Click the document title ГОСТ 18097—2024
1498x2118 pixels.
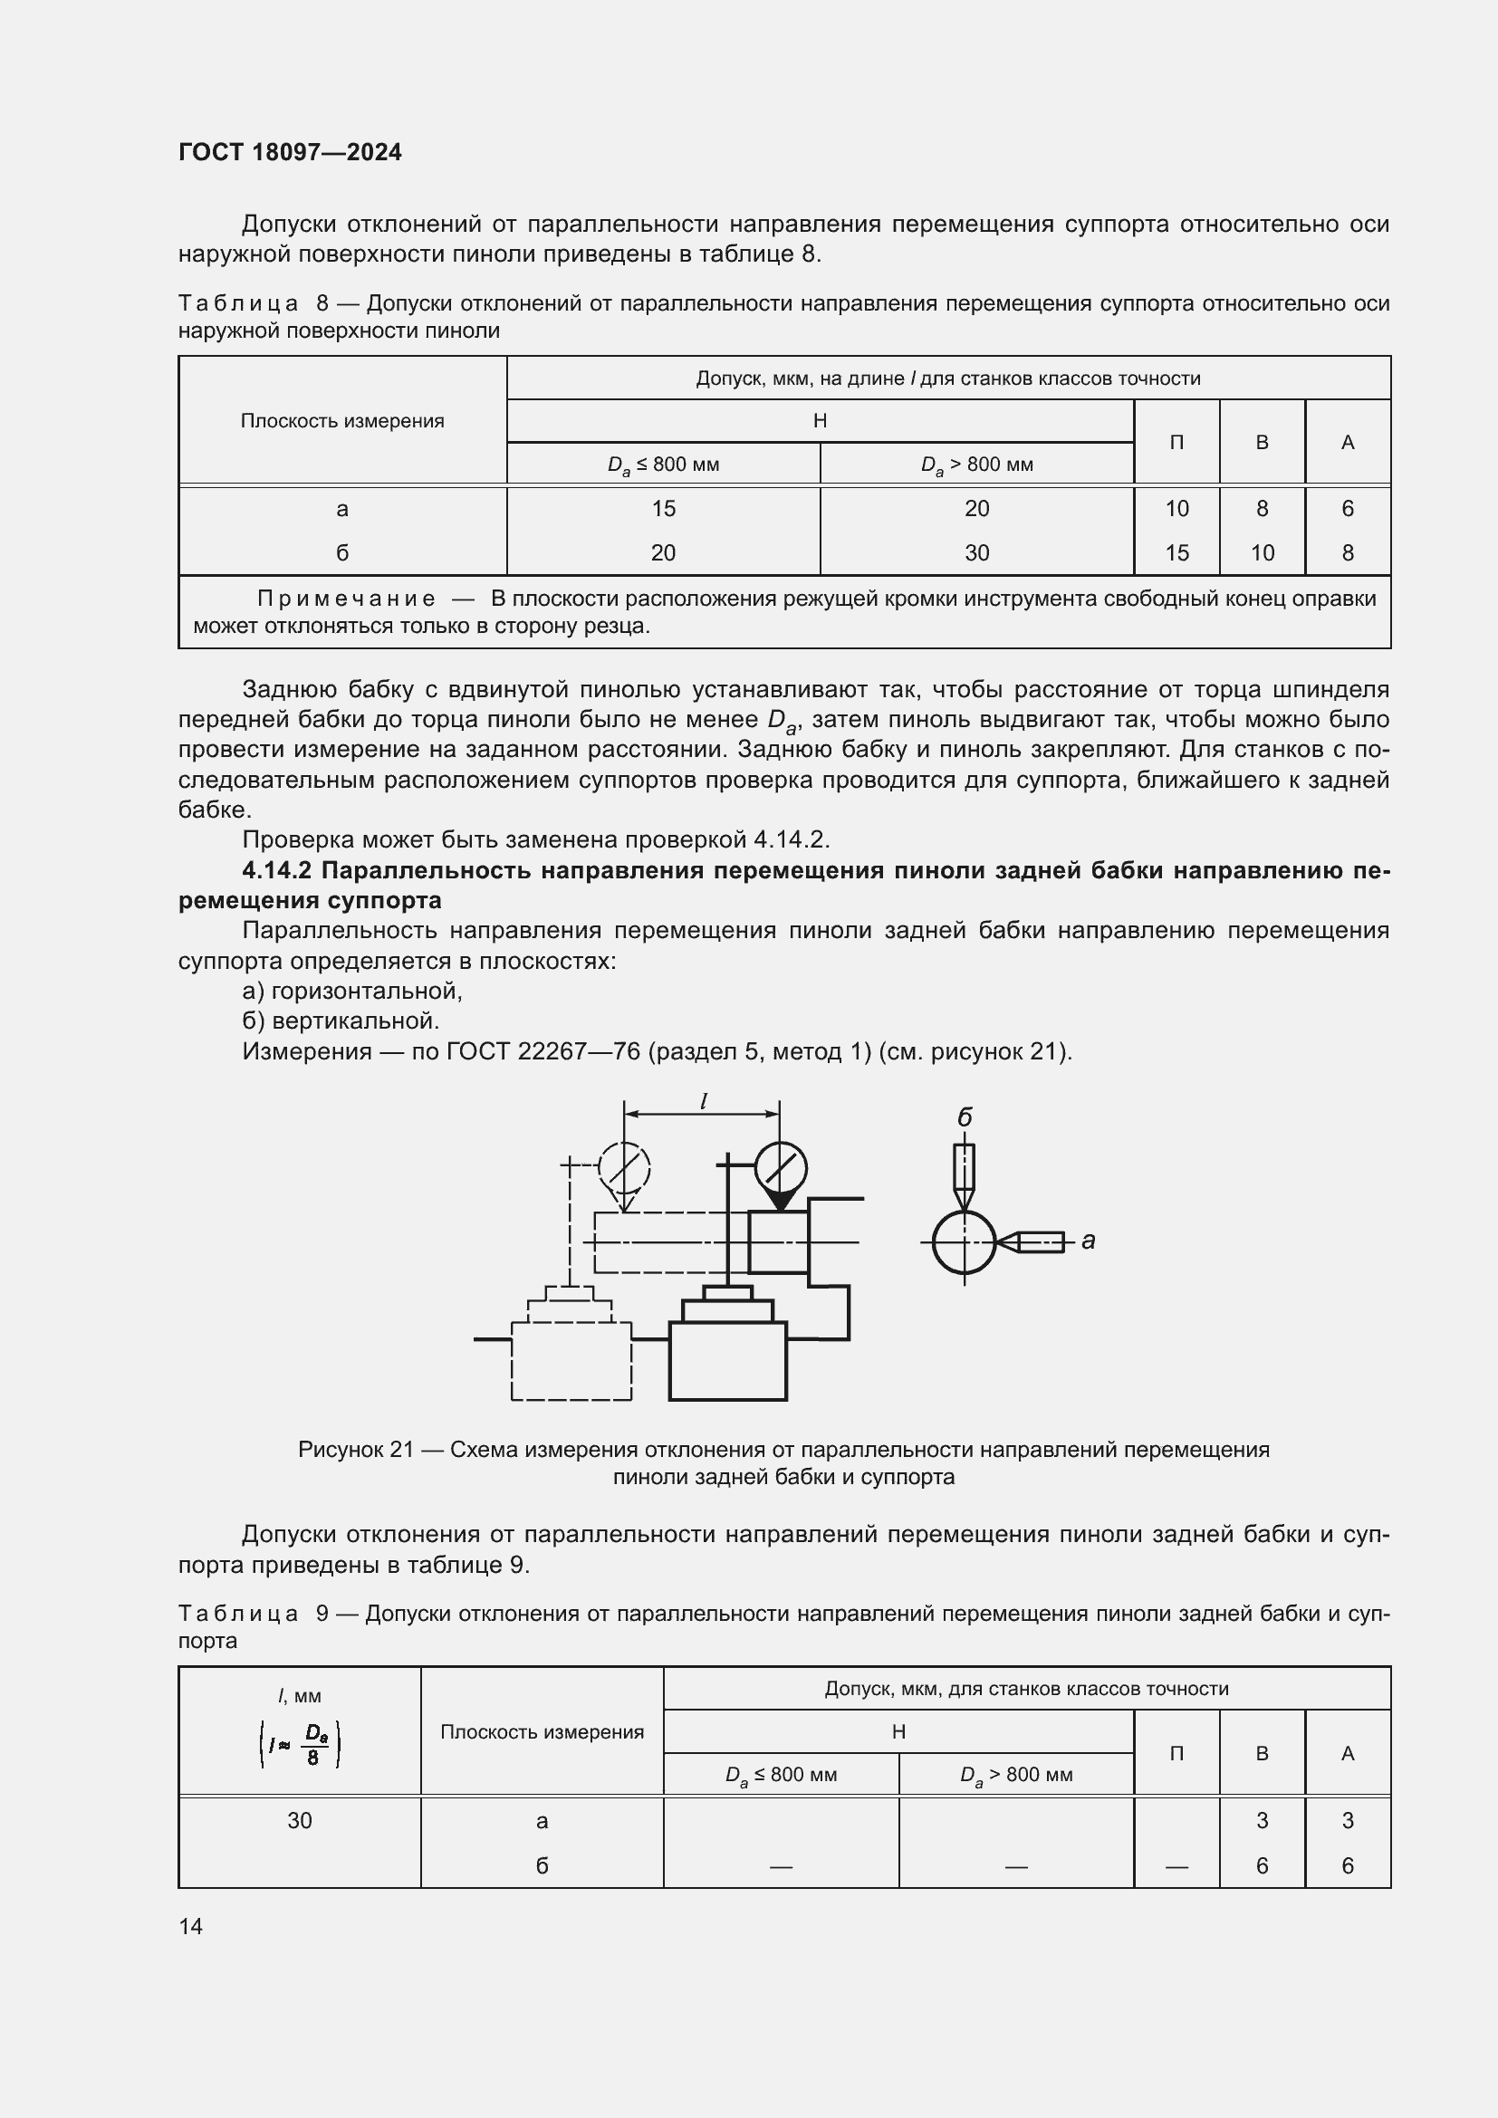(x=290, y=152)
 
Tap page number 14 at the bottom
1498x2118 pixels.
(x=190, y=1926)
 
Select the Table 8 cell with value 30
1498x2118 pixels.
(x=976, y=552)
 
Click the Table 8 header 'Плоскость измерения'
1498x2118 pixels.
(x=342, y=421)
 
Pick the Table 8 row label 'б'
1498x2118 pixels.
(x=342, y=552)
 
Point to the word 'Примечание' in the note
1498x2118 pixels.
(x=346, y=599)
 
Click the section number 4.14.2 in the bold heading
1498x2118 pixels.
(x=277, y=870)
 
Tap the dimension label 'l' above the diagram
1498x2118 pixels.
(x=703, y=1101)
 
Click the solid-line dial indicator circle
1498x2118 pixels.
(x=781, y=1168)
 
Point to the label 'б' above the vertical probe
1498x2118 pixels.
(x=964, y=1118)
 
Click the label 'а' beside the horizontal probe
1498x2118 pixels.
(x=1089, y=1241)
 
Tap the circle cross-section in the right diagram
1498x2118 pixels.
(x=964, y=1242)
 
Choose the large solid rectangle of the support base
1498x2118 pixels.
(x=727, y=1361)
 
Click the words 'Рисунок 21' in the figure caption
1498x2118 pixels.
(x=355, y=1450)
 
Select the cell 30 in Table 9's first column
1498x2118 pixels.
(x=299, y=1820)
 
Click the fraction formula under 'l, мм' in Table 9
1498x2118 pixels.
(x=300, y=1744)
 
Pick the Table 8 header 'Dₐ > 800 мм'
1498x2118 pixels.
(x=976, y=464)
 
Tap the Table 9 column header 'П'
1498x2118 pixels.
(x=1176, y=1753)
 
